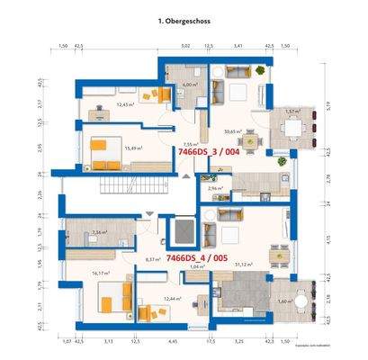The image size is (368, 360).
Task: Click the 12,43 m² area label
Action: (x=125, y=104)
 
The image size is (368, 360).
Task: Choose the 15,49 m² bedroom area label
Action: (x=134, y=148)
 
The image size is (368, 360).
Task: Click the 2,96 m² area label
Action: (x=215, y=188)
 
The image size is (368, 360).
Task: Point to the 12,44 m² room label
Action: (x=174, y=298)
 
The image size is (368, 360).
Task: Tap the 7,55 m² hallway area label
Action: (x=189, y=143)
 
